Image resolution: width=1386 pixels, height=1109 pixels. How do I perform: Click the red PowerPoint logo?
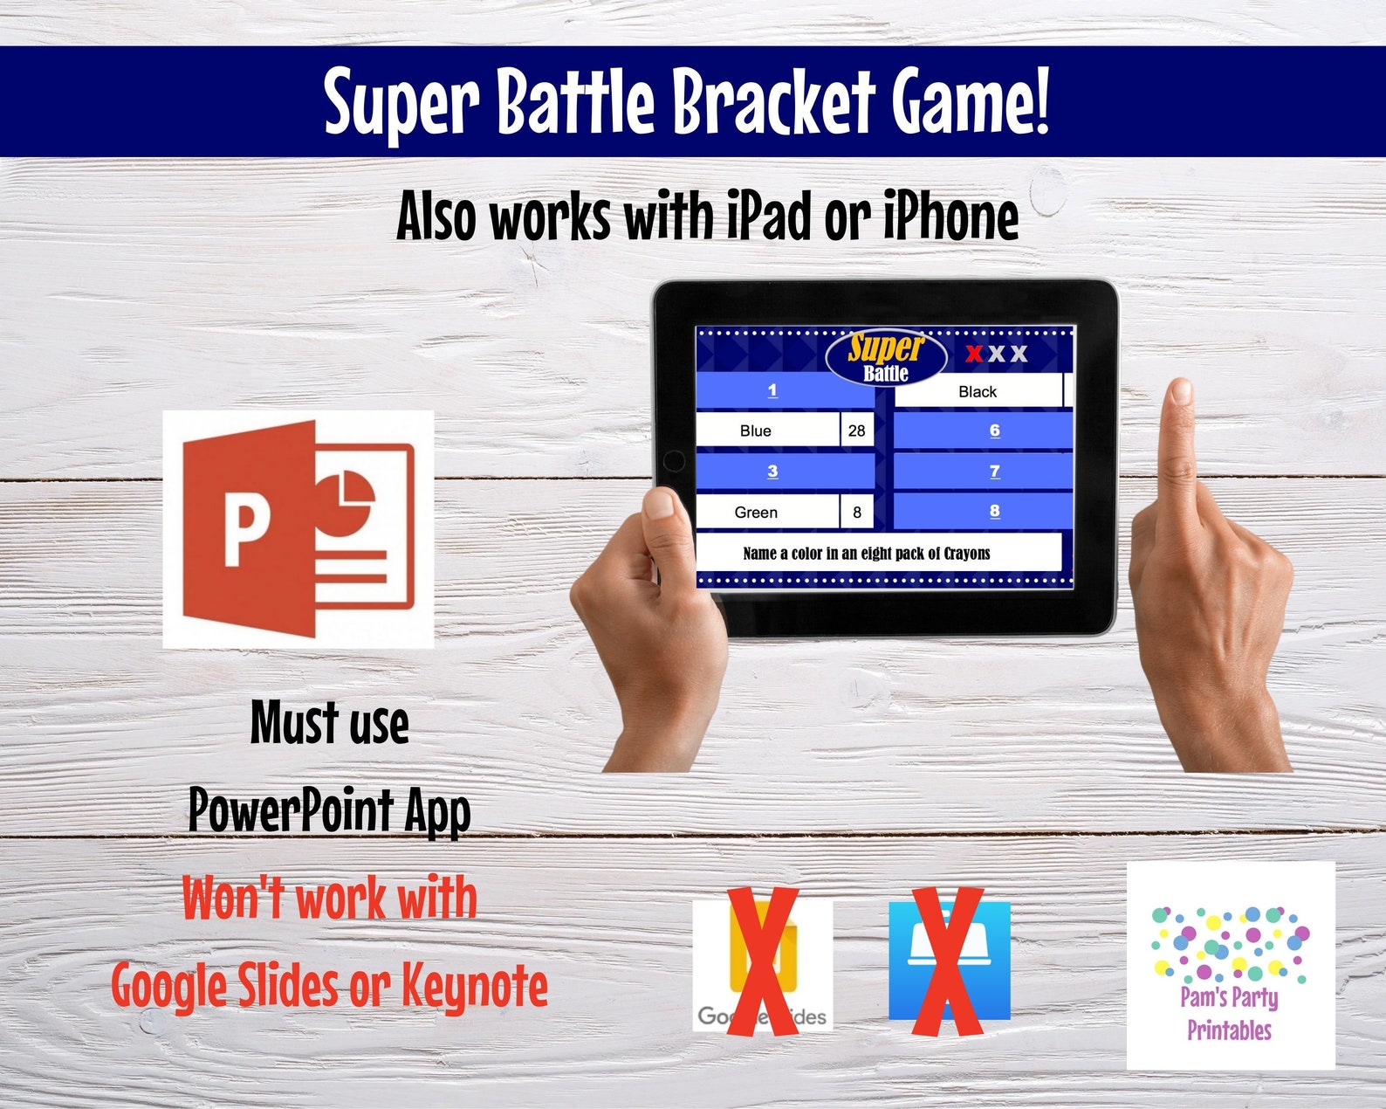pyautogui.click(x=297, y=528)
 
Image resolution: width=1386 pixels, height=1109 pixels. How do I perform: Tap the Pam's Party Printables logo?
pyautogui.click(x=1230, y=965)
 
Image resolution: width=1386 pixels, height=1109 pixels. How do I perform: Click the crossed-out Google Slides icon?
pyautogui.click(x=762, y=964)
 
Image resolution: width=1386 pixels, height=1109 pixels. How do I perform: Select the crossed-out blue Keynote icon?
pyautogui.click(x=949, y=961)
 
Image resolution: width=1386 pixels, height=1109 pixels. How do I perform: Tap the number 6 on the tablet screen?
pyautogui.click(x=994, y=431)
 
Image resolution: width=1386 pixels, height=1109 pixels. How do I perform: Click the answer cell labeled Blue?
pyautogui.click(x=756, y=431)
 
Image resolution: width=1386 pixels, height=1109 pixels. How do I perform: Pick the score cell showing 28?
pyautogui.click(x=856, y=431)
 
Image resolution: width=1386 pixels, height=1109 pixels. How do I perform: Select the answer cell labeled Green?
pyautogui.click(x=756, y=513)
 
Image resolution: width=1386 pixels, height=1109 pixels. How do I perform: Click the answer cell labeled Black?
pyautogui.click(x=978, y=392)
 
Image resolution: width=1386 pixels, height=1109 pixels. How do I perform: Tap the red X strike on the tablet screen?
pyautogui.click(x=974, y=354)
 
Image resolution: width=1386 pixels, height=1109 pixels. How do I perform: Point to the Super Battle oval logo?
pyautogui.click(x=886, y=356)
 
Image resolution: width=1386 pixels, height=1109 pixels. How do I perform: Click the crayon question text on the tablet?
pyautogui.click(x=867, y=554)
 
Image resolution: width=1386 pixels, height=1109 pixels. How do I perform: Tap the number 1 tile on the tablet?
pyautogui.click(x=772, y=390)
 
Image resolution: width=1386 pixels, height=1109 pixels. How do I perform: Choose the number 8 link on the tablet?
pyautogui.click(x=994, y=511)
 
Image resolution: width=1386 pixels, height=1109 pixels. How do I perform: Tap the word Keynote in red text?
pyautogui.click(x=475, y=987)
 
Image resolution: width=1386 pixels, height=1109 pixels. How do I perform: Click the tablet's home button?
pyautogui.click(x=674, y=460)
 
